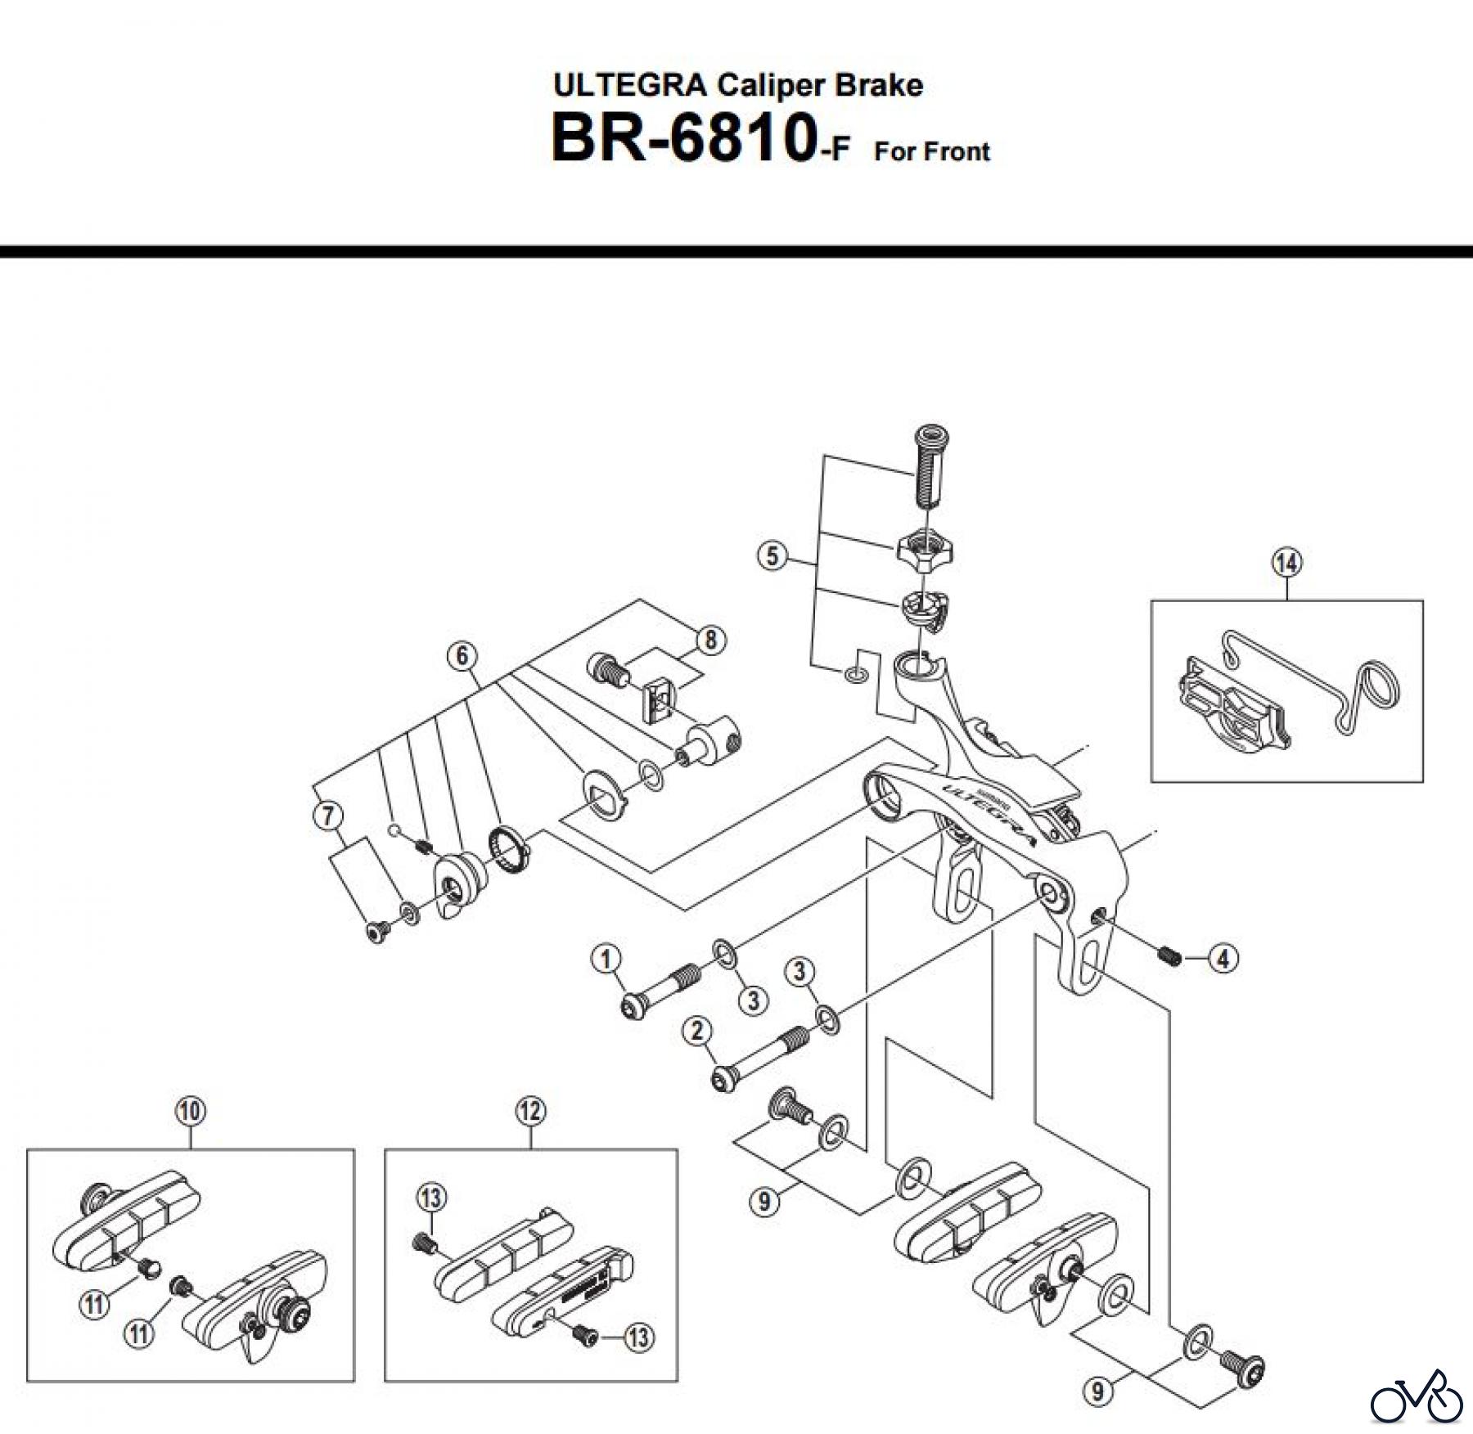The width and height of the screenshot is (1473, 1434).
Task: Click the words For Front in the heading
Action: tap(931, 151)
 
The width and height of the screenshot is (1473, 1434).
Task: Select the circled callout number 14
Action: tap(1286, 563)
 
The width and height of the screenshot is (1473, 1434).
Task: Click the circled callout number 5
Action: tap(772, 557)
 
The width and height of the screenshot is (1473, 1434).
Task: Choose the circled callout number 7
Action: tap(328, 815)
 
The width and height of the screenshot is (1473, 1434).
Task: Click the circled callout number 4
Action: tap(1223, 958)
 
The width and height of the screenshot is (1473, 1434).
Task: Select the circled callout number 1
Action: tap(606, 958)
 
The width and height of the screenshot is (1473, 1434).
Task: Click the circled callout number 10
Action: tap(190, 1111)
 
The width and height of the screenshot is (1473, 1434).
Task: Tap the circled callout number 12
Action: tap(530, 1111)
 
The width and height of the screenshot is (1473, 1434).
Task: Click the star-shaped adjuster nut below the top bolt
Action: tap(924, 548)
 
